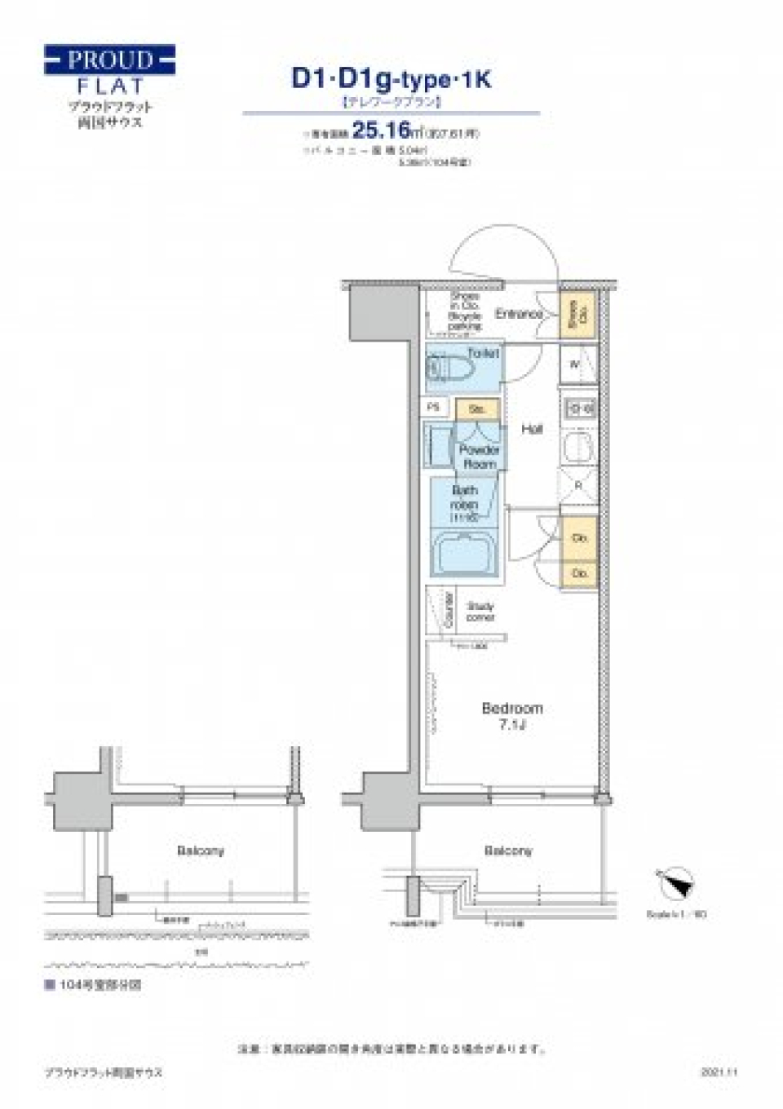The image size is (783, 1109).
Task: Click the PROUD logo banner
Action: (109, 60)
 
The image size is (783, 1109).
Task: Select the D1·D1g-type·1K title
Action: (391, 79)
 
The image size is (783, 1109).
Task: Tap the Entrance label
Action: (518, 314)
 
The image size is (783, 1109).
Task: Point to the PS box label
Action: (434, 406)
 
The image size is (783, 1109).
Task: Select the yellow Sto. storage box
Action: (477, 409)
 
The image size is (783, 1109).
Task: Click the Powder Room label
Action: (479, 456)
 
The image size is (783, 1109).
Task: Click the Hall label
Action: (532, 429)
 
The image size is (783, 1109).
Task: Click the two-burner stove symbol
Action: (580, 409)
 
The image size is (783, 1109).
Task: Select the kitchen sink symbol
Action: (580, 446)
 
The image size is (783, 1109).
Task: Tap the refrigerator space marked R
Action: (579, 486)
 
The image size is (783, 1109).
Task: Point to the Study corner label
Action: (480, 612)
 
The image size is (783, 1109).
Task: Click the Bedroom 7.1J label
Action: (511, 715)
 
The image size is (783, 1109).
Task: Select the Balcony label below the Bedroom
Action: (507, 851)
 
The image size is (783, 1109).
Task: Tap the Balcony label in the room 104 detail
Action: (200, 851)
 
